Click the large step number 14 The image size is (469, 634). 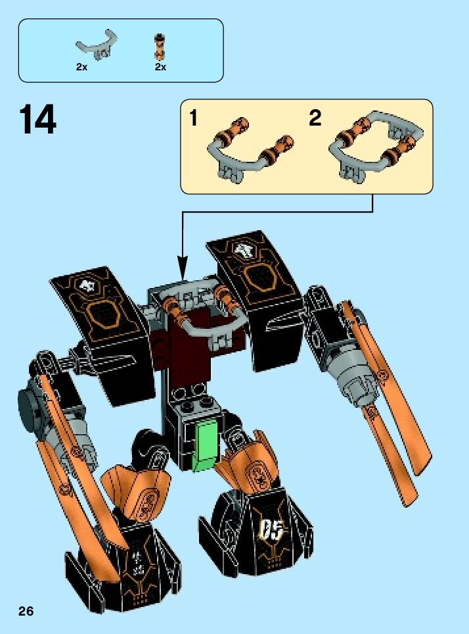[37, 120]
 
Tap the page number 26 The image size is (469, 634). [26, 612]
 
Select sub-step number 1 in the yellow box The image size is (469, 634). [193, 119]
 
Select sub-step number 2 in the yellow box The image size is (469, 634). [315, 119]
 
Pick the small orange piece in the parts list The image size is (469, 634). [160, 46]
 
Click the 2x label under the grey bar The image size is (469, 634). [81, 67]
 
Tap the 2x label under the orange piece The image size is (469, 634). [160, 67]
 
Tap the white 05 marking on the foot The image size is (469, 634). [271, 527]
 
